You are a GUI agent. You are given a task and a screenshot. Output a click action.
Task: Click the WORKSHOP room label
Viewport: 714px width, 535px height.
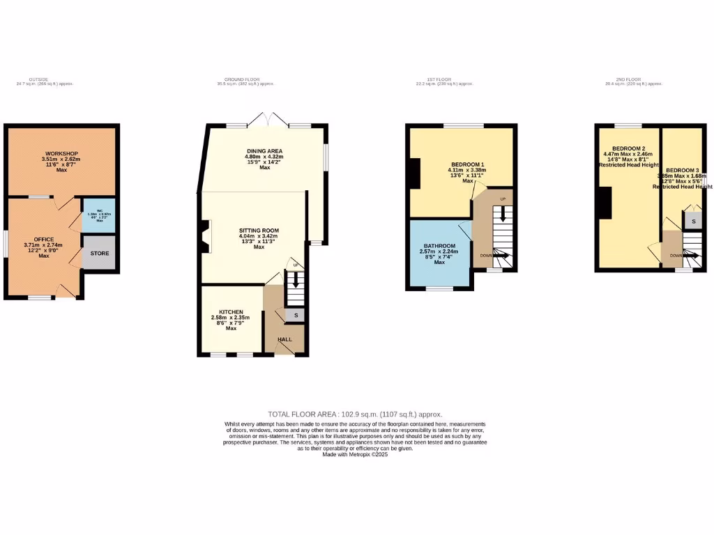pyautogui.click(x=61, y=153)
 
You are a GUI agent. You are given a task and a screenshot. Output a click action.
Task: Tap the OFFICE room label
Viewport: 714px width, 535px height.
pyautogui.click(x=44, y=240)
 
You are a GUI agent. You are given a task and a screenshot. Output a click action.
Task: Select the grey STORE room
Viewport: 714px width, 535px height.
pyautogui.click(x=100, y=253)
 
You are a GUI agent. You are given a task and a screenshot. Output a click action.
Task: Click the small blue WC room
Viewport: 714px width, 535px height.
pyautogui.click(x=99, y=215)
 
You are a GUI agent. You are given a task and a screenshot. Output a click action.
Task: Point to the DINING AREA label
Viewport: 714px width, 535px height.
pyautogui.click(x=264, y=151)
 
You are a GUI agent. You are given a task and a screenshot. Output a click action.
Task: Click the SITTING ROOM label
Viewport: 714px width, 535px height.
pyautogui.click(x=259, y=230)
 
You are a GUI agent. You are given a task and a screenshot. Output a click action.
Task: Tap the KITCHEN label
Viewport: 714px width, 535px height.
pyautogui.click(x=231, y=312)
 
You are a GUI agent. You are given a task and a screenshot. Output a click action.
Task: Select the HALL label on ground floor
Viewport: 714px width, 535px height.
pyautogui.click(x=285, y=339)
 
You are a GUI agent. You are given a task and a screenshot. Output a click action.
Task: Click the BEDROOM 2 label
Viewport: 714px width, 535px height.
pyautogui.click(x=628, y=148)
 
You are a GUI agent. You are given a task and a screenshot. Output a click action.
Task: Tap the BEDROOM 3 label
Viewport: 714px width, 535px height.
pyautogui.click(x=682, y=171)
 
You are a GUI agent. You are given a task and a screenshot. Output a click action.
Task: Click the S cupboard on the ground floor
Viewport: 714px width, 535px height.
pyautogui.click(x=296, y=316)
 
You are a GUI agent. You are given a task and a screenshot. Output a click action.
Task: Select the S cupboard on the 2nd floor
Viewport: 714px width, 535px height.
pyautogui.click(x=692, y=221)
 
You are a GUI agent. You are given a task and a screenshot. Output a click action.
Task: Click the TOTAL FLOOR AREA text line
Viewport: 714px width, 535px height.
pyautogui.click(x=355, y=414)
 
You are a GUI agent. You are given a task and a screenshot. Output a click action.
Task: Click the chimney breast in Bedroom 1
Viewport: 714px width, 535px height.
pyautogui.click(x=415, y=173)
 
